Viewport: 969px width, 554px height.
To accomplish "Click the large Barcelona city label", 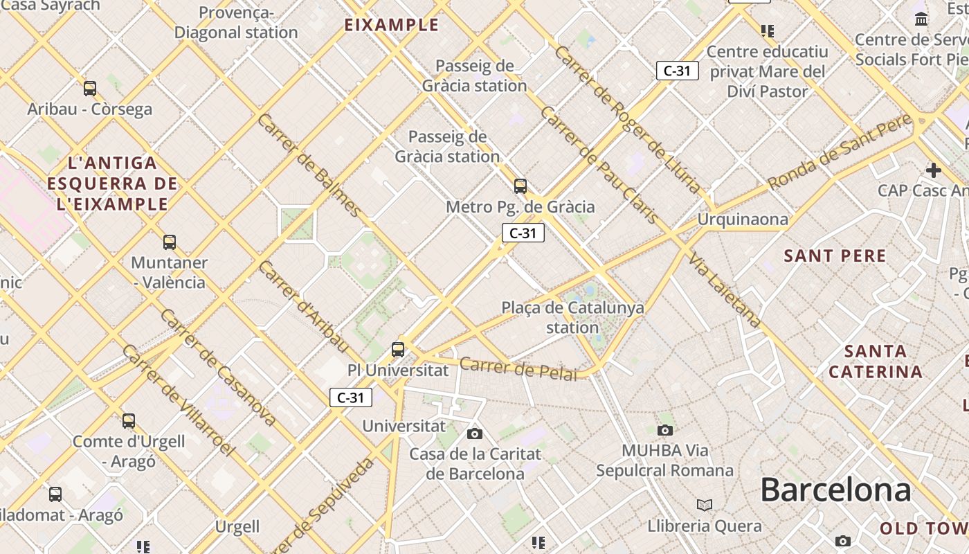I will (835, 490).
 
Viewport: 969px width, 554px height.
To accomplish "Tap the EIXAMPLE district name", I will (392, 25).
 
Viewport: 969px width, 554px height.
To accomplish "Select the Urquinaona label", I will (743, 220).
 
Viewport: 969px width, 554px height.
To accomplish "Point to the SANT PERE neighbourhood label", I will (835, 256).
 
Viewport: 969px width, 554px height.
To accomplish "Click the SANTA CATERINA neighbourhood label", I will (876, 361).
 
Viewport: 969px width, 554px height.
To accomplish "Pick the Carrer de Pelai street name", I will (518, 368).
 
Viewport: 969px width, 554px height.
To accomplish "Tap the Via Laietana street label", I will (725, 289).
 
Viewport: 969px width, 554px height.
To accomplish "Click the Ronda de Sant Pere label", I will (840, 152).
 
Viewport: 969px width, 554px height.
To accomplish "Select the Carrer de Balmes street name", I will (309, 165).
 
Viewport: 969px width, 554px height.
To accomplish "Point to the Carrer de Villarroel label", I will (178, 400).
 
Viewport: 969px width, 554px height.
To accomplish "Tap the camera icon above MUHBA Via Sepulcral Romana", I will (664, 430).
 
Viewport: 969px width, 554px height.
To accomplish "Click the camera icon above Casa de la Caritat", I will (474, 434).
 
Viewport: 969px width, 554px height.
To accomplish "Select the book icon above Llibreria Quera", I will (705, 505).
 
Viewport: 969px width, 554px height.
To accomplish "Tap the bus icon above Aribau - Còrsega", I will (90, 88).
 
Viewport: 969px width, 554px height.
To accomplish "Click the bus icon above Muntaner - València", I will (170, 242).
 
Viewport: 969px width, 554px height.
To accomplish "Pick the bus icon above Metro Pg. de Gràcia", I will (520, 186).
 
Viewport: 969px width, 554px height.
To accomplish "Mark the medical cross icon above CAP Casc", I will (933, 170).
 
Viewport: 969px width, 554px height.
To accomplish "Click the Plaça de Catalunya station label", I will (572, 317).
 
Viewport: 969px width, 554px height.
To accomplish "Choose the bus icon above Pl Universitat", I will (398, 349).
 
